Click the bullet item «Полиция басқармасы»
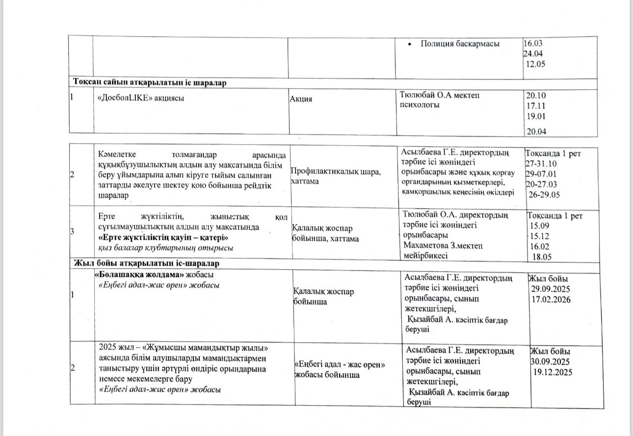point(460,44)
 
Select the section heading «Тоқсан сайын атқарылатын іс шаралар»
point(150,82)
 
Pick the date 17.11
point(536,106)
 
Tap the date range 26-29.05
point(544,194)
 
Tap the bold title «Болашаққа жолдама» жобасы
point(155,275)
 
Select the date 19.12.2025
point(552,372)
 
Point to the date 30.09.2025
point(550,361)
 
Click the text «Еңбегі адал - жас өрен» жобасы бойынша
point(339,370)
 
